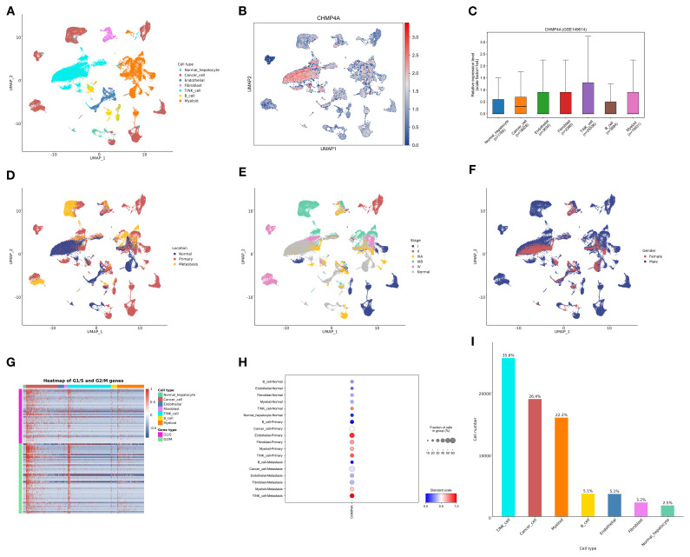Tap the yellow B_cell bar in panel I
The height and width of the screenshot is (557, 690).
[588, 505]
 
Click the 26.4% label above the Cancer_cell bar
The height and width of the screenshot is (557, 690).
[535, 395]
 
